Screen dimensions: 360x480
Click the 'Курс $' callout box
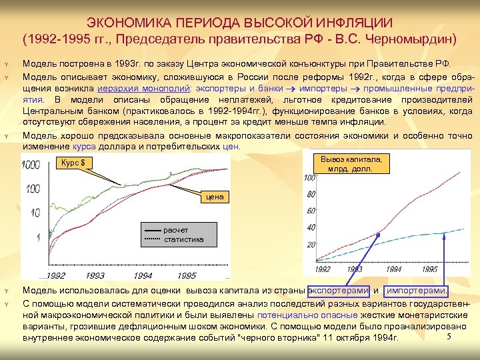pyautogui.click(x=74, y=163)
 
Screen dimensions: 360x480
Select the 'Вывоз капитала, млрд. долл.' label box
pyautogui.click(x=351, y=164)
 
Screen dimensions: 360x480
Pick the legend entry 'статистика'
pyautogui.click(x=184, y=239)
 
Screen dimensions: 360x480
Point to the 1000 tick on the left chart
pyautogui.click(x=31, y=165)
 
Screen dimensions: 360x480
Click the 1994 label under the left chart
pyautogui.click(x=142, y=275)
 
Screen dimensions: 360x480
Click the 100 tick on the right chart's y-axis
pyautogui.click(x=309, y=179)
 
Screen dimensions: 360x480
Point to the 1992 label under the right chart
pyautogui.click(x=322, y=269)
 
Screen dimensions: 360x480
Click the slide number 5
pyautogui.click(x=449, y=336)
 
